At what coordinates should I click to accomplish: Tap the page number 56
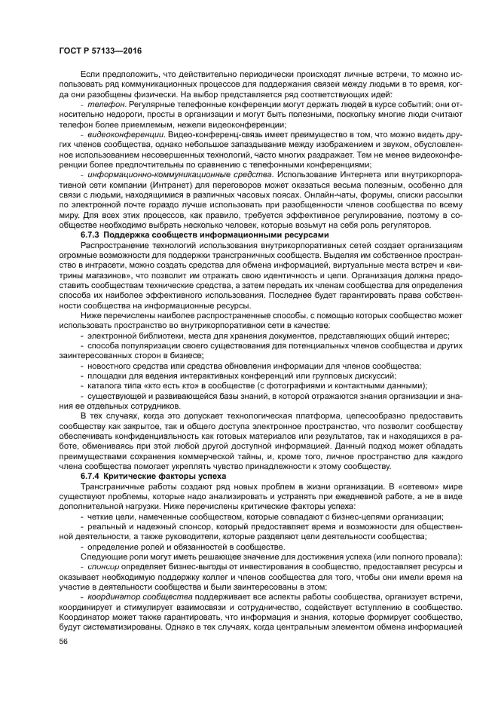63,641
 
